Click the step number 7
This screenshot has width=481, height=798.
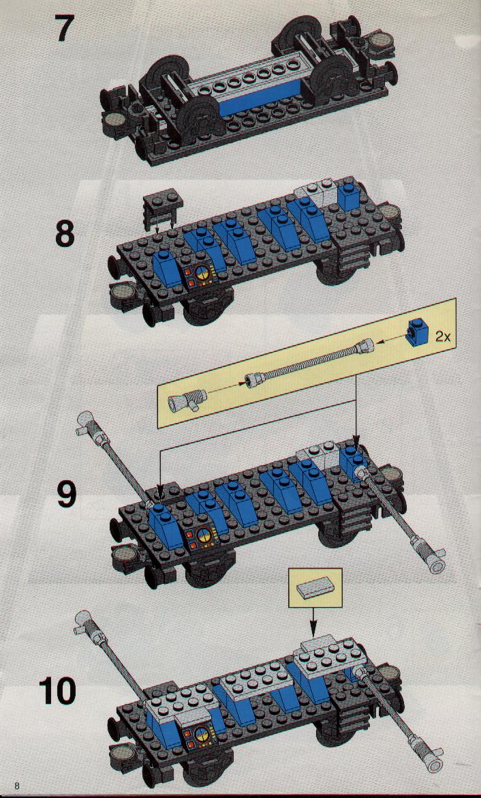[x=65, y=29]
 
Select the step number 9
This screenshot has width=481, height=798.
[x=67, y=494]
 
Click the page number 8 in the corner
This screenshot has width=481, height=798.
[x=17, y=785]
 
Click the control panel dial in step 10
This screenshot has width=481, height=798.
[x=201, y=733]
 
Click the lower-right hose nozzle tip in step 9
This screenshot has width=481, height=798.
[x=436, y=565]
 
